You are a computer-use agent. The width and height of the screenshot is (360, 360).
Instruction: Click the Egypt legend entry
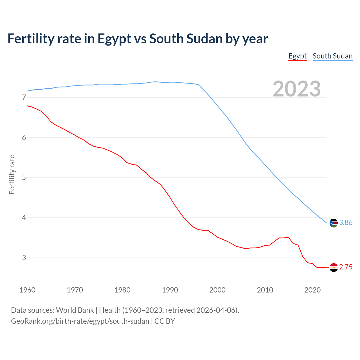[x=297, y=56]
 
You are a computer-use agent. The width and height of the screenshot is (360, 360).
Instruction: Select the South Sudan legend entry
[x=332, y=56]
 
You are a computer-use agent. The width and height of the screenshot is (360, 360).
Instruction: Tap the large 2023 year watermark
[x=297, y=89]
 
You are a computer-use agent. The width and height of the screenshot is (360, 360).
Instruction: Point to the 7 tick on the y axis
[x=24, y=98]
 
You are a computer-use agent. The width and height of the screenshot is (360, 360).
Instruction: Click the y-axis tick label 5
[x=24, y=178]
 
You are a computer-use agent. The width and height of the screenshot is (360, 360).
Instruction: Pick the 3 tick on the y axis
[x=24, y=258]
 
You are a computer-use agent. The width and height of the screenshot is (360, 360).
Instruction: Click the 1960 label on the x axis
[x=27, y=290]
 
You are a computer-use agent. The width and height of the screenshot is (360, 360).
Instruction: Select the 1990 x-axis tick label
[x=170, y=290]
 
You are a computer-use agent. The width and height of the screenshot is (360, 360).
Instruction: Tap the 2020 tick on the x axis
[x=312, y=290]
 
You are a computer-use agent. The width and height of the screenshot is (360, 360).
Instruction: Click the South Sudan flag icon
[x=334, y=223]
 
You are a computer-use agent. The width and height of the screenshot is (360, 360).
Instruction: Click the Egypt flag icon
[x=334, y=267]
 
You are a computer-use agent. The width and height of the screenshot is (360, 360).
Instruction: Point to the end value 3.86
[x=346, y=223]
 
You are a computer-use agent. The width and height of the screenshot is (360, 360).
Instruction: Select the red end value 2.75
[x=346, y=267]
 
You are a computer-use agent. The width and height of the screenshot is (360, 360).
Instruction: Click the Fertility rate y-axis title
[x=12, y=174]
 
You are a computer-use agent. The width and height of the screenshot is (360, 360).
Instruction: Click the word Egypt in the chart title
[x=114, y=39]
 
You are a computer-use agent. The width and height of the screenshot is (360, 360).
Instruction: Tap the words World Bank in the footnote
[x=75, y=310]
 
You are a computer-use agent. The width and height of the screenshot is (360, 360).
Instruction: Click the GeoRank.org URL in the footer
[x=80, y=321]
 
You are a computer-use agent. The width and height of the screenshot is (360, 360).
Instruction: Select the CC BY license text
[x=165, y=321]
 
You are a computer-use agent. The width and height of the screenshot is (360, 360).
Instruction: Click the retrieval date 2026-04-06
[x=217, y=310]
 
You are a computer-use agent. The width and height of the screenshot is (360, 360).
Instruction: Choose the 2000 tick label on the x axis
[x=217, y=290]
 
